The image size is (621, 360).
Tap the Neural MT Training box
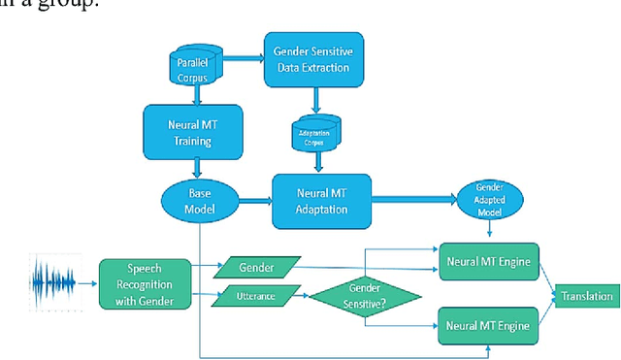tap(198, 129)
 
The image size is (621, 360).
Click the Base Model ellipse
tap(198, 200)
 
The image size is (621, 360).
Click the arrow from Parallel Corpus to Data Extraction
tap(245, 59)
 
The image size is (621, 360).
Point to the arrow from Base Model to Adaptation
tap(253, 201)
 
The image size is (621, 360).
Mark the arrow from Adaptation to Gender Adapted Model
tap(417, 201)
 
